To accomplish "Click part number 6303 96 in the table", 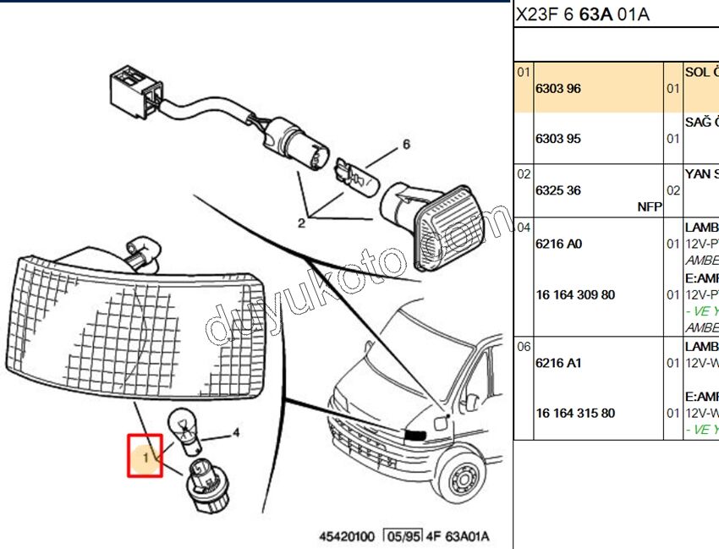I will [558, 89].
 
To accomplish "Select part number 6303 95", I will [558, 139].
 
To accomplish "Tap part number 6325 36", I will [558, 191].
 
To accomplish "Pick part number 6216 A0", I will [559, 244].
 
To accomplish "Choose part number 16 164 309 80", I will [575, 295].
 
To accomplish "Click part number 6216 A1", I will [559, 363].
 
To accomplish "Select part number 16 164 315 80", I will [575, 414].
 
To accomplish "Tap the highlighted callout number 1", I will [145, 458].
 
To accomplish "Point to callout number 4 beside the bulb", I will [236, 433].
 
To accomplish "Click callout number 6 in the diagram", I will [405, 145].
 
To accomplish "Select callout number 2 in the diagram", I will [300, 223].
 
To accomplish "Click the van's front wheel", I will [464, 483].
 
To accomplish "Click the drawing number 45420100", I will [347, 537].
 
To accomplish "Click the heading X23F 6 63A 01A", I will [583, 14].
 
